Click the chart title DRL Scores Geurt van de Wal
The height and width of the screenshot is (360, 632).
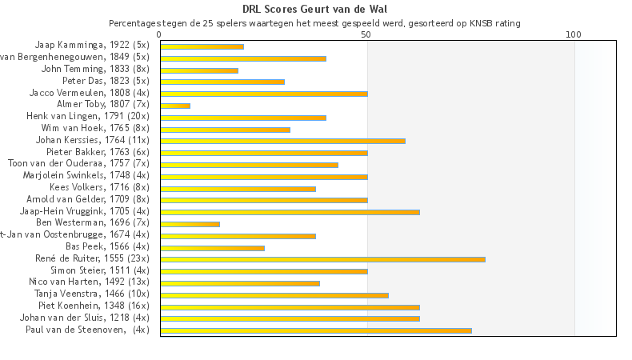316,10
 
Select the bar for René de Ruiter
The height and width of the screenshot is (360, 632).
322,259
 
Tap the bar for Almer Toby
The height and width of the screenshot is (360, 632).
175,106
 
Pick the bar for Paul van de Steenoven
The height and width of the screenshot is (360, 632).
316,330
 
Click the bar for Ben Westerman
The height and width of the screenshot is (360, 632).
190,224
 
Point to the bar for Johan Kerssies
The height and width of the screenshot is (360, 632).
282,141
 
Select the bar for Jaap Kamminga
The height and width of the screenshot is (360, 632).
202,46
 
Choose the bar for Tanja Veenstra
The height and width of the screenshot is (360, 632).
274,295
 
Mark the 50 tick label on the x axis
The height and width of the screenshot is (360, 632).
366,35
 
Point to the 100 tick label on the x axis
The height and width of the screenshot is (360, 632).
574,35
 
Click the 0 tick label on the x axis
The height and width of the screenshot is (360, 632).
160,35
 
